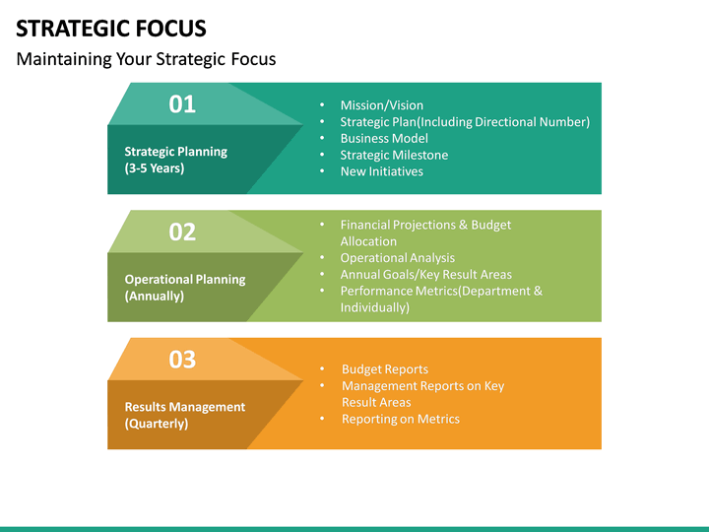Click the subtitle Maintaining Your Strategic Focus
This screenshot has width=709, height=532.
click(x=146, y=59)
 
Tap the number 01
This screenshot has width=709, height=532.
click(x=182, y=103)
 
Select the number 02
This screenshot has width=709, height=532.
click(x=182, y=232)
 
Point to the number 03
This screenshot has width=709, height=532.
click(x=182, y=360)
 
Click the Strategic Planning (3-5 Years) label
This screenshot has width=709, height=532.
click(x=175, y=160)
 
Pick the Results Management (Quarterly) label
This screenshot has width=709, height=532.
click(x=184, y=415)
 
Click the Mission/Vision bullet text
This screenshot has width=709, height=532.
click(x=381, y=105)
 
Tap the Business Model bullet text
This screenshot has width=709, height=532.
click(x=384, y=138)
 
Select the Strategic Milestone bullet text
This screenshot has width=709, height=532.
click(x=394, y=155)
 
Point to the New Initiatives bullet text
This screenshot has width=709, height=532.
click(x=381, y=171)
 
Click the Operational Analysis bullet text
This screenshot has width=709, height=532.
click(x=398, y=258)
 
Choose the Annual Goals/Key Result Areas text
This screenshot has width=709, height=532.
click(x=425, y=275)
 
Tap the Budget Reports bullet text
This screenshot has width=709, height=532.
click(x=385, y=369)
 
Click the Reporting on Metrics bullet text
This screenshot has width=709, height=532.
click(x=401, y=419)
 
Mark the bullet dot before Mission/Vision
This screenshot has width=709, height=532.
click(x=322, y=105)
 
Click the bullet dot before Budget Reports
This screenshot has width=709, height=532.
click(x=322, y=369)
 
